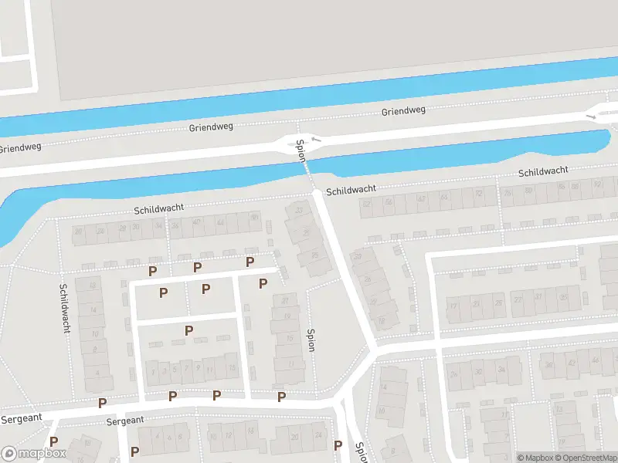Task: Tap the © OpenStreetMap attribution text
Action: [585, 458]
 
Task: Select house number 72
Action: [479, 193]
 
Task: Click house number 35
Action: [563, 296]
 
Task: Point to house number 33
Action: [299, 211]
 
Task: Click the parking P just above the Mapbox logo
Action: [53, 441]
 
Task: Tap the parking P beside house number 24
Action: [338, 445]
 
